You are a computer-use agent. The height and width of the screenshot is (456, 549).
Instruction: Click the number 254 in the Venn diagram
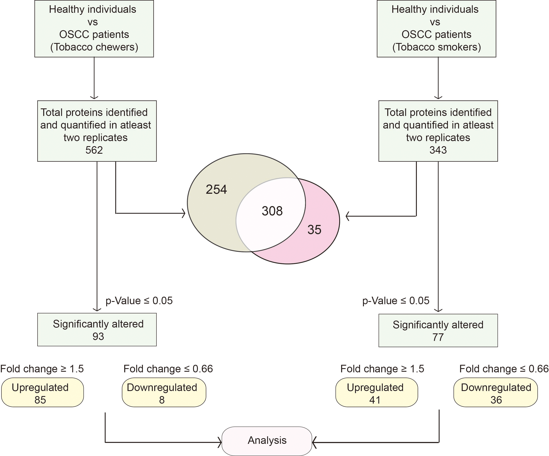(x=216, y=190)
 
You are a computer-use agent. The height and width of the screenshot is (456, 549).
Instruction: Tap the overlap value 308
(x=272, y=211)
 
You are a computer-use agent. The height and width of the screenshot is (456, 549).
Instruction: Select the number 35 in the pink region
(x=314, y=230)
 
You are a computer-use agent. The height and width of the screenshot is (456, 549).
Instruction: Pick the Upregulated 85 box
(x=43, y=392)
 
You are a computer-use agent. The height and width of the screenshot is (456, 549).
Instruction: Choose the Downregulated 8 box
(x=164, y=392)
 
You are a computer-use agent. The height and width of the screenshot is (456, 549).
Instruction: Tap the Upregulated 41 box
(x=377, y=392)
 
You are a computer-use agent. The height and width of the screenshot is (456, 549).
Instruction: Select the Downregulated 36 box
(x=496, y=392)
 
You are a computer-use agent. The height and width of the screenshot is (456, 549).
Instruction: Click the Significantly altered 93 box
(x=97, y=330)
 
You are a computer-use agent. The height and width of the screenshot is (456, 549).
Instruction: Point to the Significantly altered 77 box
(x=438, y=330)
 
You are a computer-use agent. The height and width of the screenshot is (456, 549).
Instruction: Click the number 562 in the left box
(x=94, y=150)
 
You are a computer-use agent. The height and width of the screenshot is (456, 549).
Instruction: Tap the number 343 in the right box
(x=438, y=150)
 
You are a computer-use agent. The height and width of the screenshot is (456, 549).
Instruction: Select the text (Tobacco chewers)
(x=94, y=47)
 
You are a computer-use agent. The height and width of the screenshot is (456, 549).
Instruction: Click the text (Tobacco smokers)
(x=437, y=47)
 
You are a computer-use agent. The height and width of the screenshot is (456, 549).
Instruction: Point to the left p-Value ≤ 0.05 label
(x=139, y=300)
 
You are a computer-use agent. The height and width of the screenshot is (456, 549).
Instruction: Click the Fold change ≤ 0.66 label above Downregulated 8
(x=168, y=369)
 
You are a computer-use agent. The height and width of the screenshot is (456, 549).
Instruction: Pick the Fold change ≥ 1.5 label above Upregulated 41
(x=382, y=369)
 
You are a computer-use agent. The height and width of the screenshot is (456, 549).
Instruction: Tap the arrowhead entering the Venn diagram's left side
(x=184, y=213)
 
